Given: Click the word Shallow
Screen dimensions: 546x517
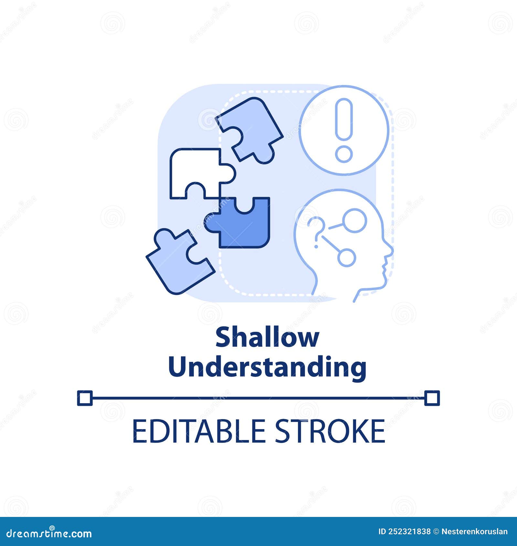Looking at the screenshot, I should pyautogui.click(x=267, y=337).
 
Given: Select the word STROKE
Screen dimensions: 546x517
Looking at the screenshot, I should pyautogui.click(x=330, y=431).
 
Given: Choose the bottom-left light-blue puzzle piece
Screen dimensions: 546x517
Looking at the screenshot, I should pyautogui.click(x=176, y=262).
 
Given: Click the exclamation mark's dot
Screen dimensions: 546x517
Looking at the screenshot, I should pyautogui.click(x=343, y=154).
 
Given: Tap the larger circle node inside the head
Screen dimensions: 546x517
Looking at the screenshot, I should pyautogui.click(x=355, y=220).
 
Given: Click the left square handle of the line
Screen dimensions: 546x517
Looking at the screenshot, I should pyautogui.click(x=85, y=398).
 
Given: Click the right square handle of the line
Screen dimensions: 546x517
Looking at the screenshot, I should pyautogui.click(x=432, y=398).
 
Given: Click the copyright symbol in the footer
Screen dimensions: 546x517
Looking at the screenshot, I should pyautogui.click(x=436, y=531).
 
